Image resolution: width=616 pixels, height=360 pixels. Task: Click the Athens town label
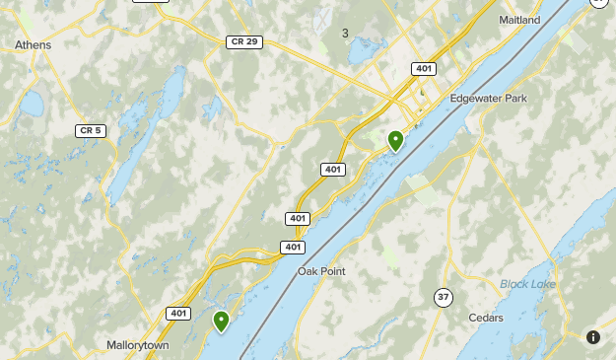[x=33, y=44]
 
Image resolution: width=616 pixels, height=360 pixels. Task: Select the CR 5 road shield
[x=91, y=130]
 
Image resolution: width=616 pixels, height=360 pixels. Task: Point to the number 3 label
[x=345, y=34]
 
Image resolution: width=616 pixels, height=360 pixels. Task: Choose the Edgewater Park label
[x=488, y=99]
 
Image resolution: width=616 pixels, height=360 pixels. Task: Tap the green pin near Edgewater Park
[x=395, y=141]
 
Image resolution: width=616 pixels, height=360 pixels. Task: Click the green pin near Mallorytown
[x=221, y=321]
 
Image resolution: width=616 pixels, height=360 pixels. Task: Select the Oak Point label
[x=321, y=271]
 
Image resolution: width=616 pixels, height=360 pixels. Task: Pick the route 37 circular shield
[x=444, y=296]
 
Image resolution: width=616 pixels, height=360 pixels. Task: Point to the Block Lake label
[x=527, y=284]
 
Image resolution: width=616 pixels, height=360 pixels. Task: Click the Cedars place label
[x=486, y=318]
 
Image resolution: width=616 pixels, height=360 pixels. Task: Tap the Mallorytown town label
[x=138, y=345]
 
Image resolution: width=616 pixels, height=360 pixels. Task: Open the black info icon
[x=593, y=337]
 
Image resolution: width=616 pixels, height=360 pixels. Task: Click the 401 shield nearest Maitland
[x=424, y=69]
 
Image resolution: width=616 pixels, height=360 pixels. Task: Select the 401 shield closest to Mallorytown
[x=178, y=314]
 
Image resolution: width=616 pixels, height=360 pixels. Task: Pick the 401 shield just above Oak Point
[x=292, y=247]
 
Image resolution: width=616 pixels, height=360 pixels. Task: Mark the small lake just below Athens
[x=33, y=102]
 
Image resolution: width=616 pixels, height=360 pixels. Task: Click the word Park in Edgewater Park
[x=513, y=99]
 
